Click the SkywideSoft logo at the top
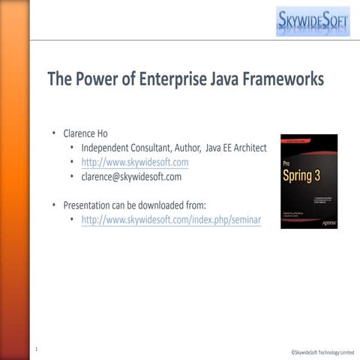click(x=312, y=22)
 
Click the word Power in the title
click(x=99, y=79)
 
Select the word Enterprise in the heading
click(x=173, y=79)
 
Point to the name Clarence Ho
click(x=85, y=133)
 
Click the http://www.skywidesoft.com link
click(x=135, y=162)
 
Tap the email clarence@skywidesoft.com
click(x=131, y=177)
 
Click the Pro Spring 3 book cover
click(x=309, y=181)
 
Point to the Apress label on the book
click(x=326, y=223)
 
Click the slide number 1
click(x=36, y=349)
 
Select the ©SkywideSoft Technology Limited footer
click(x=322, y=352)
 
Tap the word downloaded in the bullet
click(x=163, y=205)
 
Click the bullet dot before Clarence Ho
click(x=54, y=133)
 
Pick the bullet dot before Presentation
click(x=54, y=205)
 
